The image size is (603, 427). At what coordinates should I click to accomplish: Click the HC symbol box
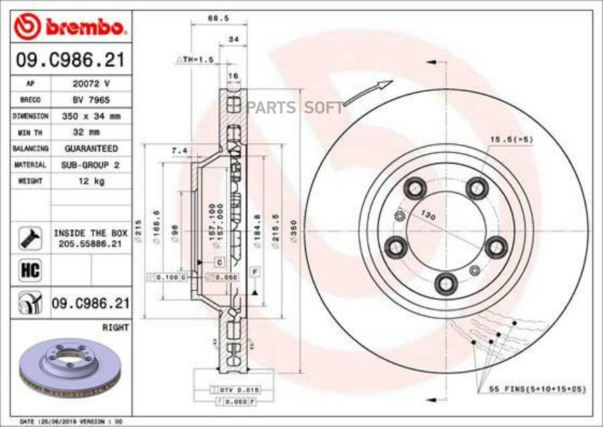coord(30,271)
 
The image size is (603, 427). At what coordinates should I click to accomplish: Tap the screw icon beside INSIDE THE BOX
coord(30,237)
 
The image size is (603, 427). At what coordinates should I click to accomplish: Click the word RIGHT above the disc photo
coord(115,328)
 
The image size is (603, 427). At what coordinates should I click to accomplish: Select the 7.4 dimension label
coord(179,151)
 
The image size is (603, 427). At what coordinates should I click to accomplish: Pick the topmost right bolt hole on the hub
coord(476,188)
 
